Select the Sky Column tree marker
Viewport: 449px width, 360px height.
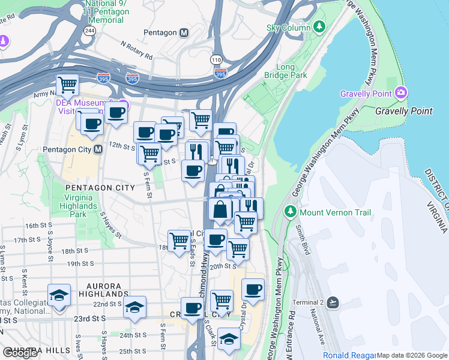pyautogui.click(x=320, y=27)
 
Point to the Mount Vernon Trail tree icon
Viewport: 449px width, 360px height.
pyautogui.click(x=291, y=212)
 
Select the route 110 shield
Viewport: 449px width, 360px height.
pyautogui.click(x=216, y=60)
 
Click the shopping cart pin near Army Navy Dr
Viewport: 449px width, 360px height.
pyautogui.click(x=68, y=85)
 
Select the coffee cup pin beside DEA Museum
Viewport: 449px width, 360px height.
pyautogui.click(x=116, y=112)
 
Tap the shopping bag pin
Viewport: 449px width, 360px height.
pyautogui.click(x=220, y=209)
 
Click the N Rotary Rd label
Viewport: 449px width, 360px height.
pyautogui.click(x=136, y=51)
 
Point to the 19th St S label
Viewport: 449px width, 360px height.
pyautogui.click(x=82, y=264)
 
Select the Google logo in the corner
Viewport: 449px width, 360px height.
pyautogui.click(x=20, y=353)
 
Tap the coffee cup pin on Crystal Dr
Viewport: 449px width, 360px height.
pyautogui.click(x=253, y=290)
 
